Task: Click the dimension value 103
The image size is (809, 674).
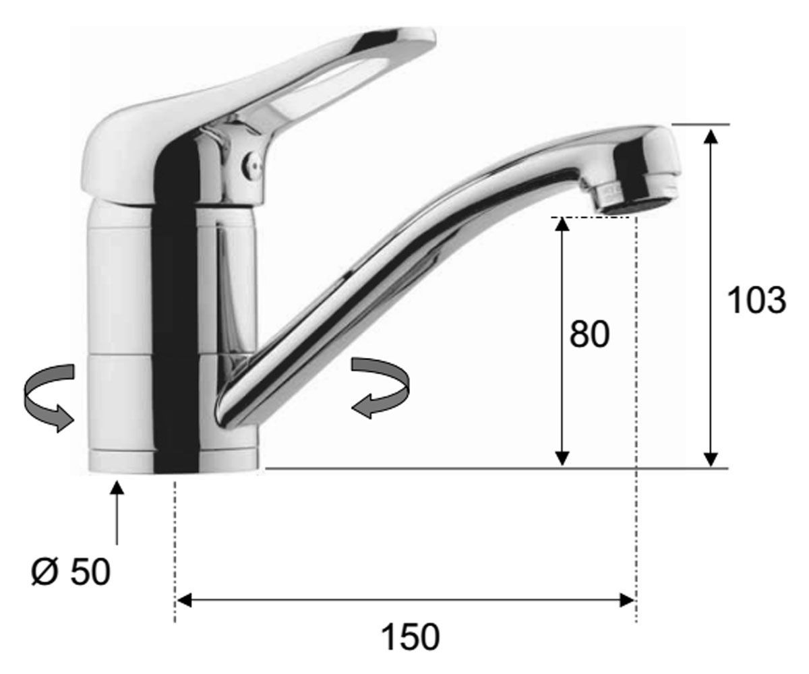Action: click(756, 301)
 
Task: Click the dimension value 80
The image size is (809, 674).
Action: click(589, 334)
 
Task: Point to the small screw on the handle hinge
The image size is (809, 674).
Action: click(252, 164)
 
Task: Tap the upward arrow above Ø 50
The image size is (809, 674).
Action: click(117, 512)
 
